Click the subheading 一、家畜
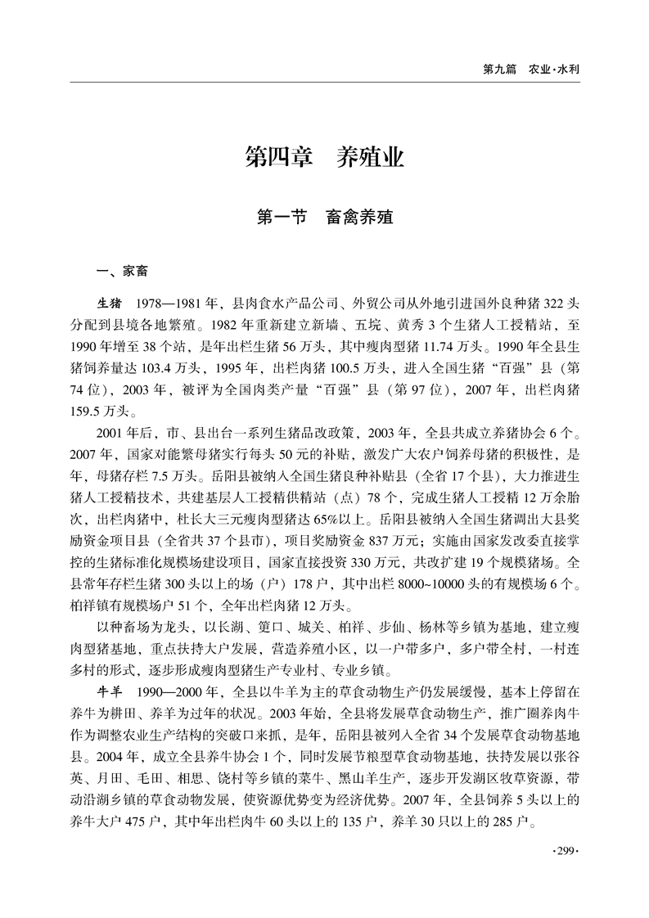click(122, 271)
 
